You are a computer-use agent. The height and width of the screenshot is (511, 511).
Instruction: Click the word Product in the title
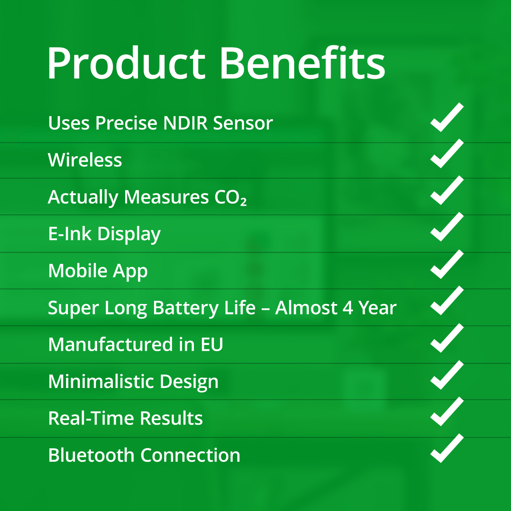pyautogui.click(x=126, y=63)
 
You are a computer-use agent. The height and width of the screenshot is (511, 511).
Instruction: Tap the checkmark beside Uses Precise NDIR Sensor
pyautogui.click(x=447, y=117)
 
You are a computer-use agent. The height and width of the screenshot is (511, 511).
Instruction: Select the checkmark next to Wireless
pyautogui.click(x=447, y=154)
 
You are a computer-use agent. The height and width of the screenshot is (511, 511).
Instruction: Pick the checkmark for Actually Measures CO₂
pyautogui.click(x=447, y=191)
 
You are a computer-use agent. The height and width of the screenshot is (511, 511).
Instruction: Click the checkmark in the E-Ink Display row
pyautogui.click(x=447, y=227)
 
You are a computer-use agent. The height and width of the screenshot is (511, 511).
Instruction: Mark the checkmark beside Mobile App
pyautogui.click(x=447, y=264)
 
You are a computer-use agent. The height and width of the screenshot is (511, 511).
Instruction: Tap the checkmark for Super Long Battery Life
pyautogui.click(x=447, y=301)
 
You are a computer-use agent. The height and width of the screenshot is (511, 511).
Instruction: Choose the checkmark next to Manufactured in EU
pyautogui.click(x=447, y=338)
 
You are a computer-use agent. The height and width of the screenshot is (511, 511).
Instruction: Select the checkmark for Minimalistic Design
pyautogui.click(x=447, y=375)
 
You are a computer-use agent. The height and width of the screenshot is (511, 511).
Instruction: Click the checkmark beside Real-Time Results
pyautogui.click(x=447, y=412)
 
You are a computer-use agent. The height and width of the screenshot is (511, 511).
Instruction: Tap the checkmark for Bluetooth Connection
pyautogui.click(x=447, y=449)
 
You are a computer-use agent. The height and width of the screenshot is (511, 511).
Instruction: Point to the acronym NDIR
pyautogui.click(x=185, y=123)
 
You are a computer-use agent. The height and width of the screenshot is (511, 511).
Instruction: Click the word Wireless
pyautogui.click(x=85, y=160)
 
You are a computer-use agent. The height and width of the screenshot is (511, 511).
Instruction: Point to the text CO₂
pyautogui.click(x=231, y=197)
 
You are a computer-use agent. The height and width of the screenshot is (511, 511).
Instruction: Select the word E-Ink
pyautogui.click(x=70, y=234)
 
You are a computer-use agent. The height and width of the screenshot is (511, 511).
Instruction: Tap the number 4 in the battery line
pyautogui.click(x=347, y=308)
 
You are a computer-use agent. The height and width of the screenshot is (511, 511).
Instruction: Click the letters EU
pyautogui.click(x=212, y=345)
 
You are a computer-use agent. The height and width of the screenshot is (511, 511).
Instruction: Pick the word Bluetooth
pyautogui.click(x=91, y=455)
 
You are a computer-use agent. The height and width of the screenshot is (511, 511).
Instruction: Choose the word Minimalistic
pyautogui.click(x=101, y=381)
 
